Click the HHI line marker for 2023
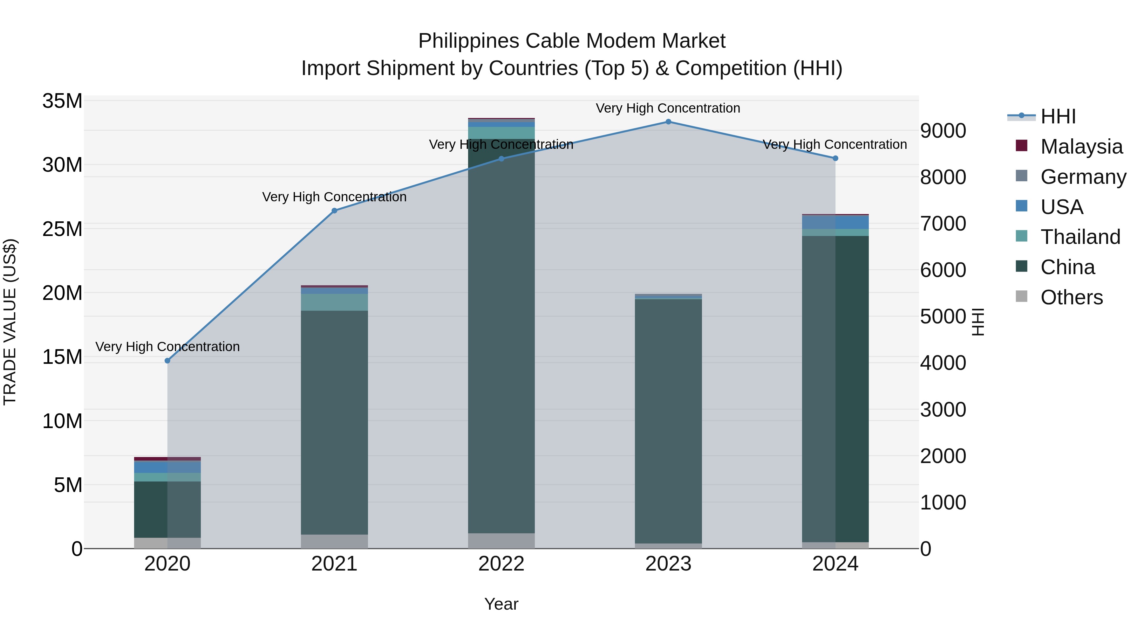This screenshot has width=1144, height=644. [x=668, y=122]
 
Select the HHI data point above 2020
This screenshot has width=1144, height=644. [x=167, y=361]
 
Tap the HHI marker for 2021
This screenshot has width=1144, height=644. [x=334, y=211]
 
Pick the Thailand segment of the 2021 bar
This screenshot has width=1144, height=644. [x=334, y=302]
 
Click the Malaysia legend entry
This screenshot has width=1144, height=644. [x=1081, y=147]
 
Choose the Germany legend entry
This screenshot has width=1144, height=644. [x=1083, y=177]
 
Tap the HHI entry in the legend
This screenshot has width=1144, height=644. [x=1058, y=116]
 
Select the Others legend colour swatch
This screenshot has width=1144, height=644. [x=1021, y=296]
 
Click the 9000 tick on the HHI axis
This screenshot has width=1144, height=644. [x=943, y=131]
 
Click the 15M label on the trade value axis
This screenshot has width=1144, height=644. [x=62, y=357]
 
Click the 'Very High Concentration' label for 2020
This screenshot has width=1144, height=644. [x=167, y=347]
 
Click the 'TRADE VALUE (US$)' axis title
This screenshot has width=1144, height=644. [x=10, y=322]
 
